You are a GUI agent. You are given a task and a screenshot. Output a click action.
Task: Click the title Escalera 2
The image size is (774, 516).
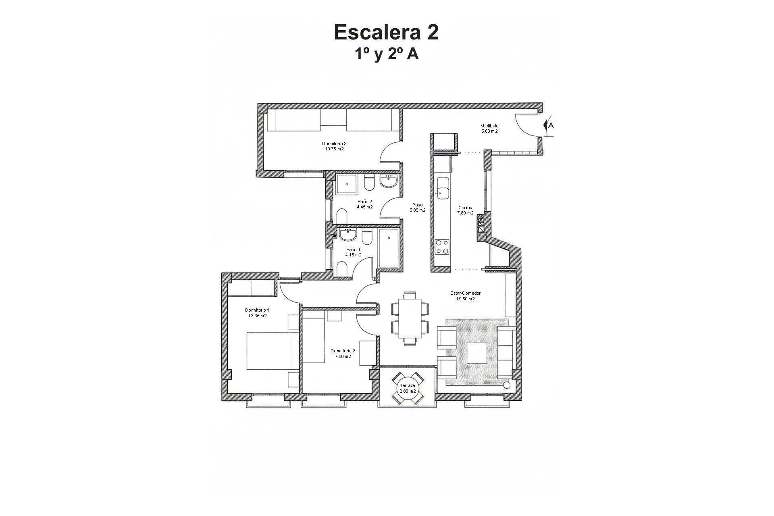tap(386, 32)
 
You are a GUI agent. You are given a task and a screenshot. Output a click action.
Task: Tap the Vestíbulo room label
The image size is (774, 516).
tap(489, 126)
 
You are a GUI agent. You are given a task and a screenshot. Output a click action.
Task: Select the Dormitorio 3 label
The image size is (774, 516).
tap(334, 144)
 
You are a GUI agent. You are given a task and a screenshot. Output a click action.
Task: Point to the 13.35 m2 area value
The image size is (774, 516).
tap(257, 316)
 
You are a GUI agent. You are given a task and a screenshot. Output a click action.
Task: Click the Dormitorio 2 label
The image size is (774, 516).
tap(343, 351)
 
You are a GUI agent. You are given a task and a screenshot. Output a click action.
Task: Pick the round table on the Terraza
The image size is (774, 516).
tap(408, 389)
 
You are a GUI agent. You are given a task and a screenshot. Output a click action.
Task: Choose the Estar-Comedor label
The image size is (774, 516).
tap(465, 293)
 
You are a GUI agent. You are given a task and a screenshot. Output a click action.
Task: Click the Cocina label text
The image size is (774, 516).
tap(465, 208)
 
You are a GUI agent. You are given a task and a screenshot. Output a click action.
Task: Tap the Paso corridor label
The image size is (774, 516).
tap(418, 205)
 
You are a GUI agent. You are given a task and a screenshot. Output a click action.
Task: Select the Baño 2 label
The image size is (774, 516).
tap(364, 202)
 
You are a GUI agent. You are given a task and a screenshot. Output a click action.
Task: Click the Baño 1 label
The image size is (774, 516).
tap(353, 250)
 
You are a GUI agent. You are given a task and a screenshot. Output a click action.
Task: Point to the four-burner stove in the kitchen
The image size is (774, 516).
tap(442, 246)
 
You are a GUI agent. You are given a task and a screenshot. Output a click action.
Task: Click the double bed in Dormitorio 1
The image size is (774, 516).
tap(272, 351)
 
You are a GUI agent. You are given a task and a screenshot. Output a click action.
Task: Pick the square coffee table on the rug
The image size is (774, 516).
tap(476, 352)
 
